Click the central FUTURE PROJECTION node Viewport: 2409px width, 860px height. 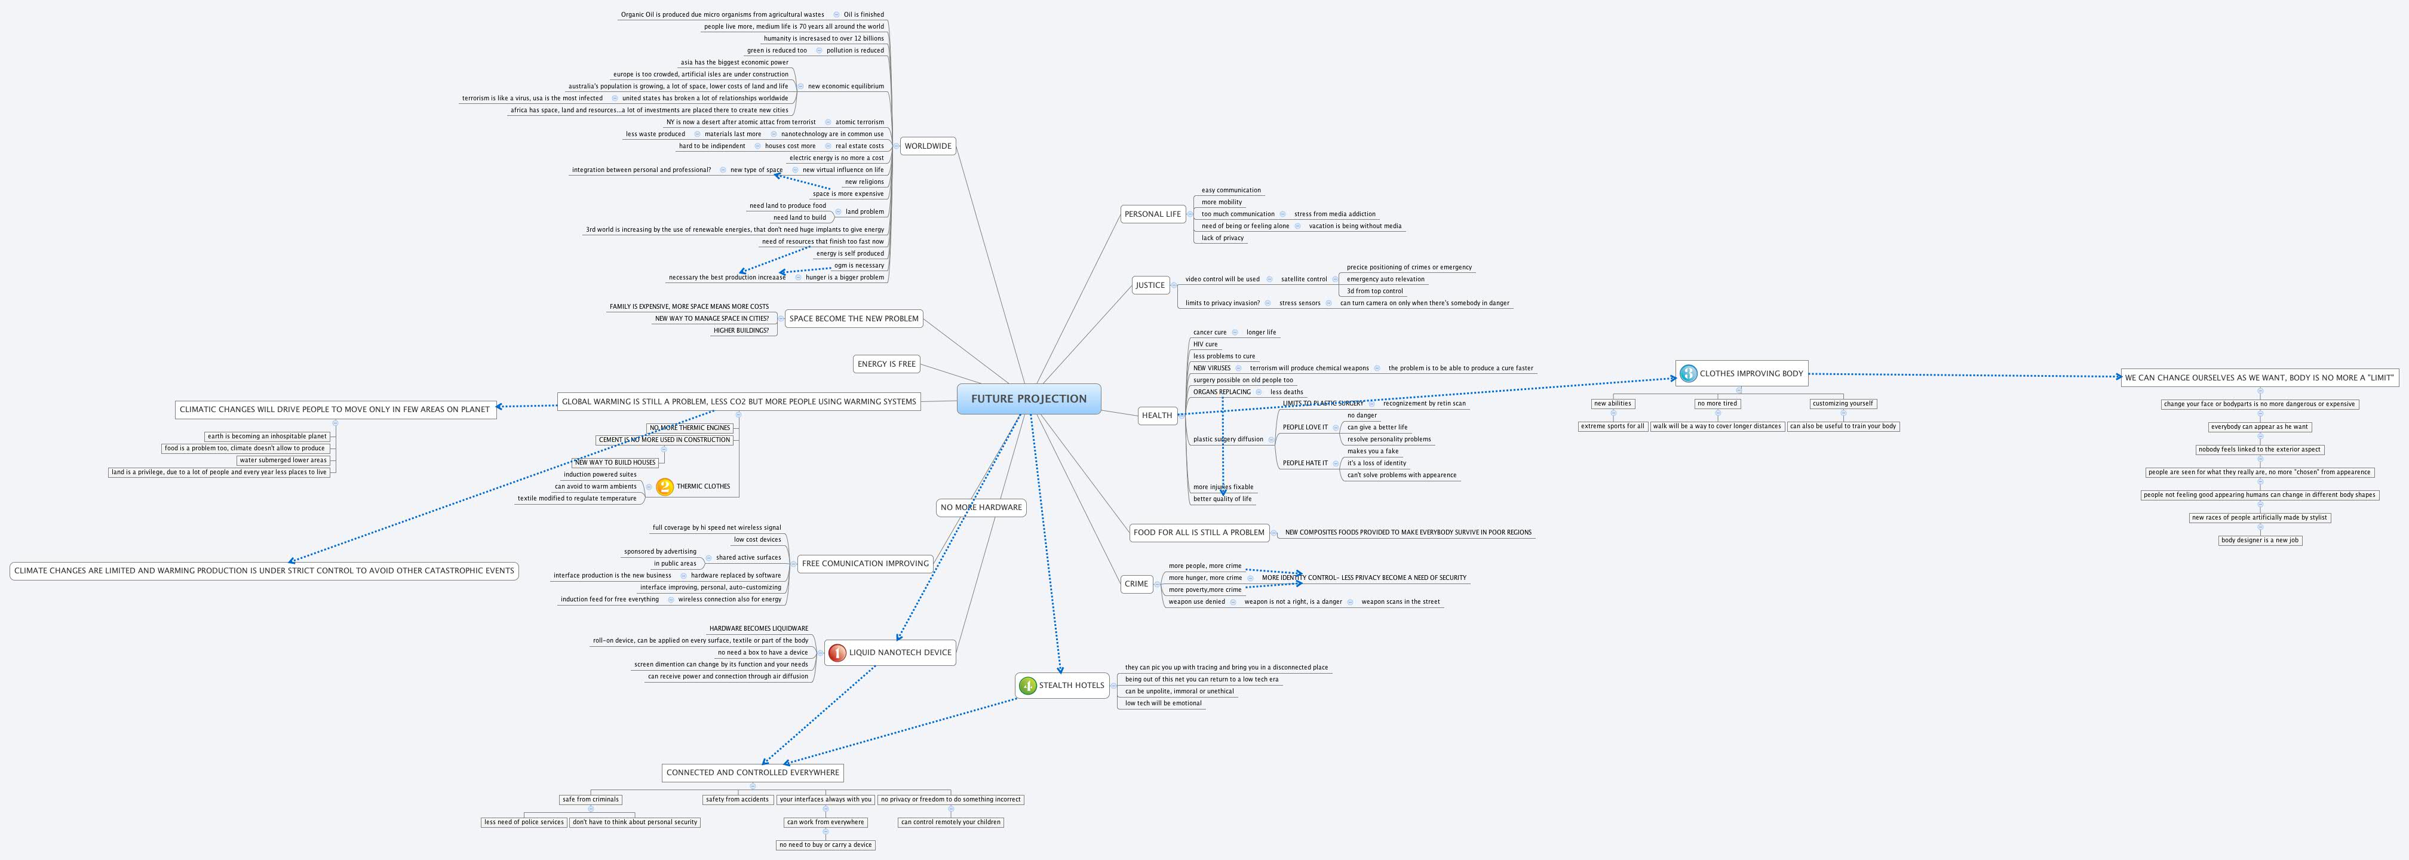pos(1028,399)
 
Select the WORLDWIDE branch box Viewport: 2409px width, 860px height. pos(928,146)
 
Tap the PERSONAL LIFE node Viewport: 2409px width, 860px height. pos(1152,214)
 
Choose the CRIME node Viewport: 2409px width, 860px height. pos(1136,583)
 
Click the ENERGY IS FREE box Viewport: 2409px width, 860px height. pos(886,364)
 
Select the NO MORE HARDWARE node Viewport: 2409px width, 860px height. pos(980,508)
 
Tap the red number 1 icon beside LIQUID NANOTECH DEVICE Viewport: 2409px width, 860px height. pos(837,653)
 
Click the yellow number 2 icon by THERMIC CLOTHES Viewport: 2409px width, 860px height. pos(665,486)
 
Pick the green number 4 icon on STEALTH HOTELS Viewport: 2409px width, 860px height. pos(1028,685)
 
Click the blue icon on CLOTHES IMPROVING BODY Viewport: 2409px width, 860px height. pos(1688,374)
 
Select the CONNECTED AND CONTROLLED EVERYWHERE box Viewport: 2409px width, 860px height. pos(752,773)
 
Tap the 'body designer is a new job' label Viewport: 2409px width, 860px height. pos(2260,540)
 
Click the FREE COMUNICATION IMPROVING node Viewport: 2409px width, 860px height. pos(865,564)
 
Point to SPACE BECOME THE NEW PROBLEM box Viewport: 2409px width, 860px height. pos(853,319)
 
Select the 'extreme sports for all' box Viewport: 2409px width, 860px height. pos(1612,426)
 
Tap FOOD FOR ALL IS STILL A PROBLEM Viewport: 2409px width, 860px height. pos(1198,533)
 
